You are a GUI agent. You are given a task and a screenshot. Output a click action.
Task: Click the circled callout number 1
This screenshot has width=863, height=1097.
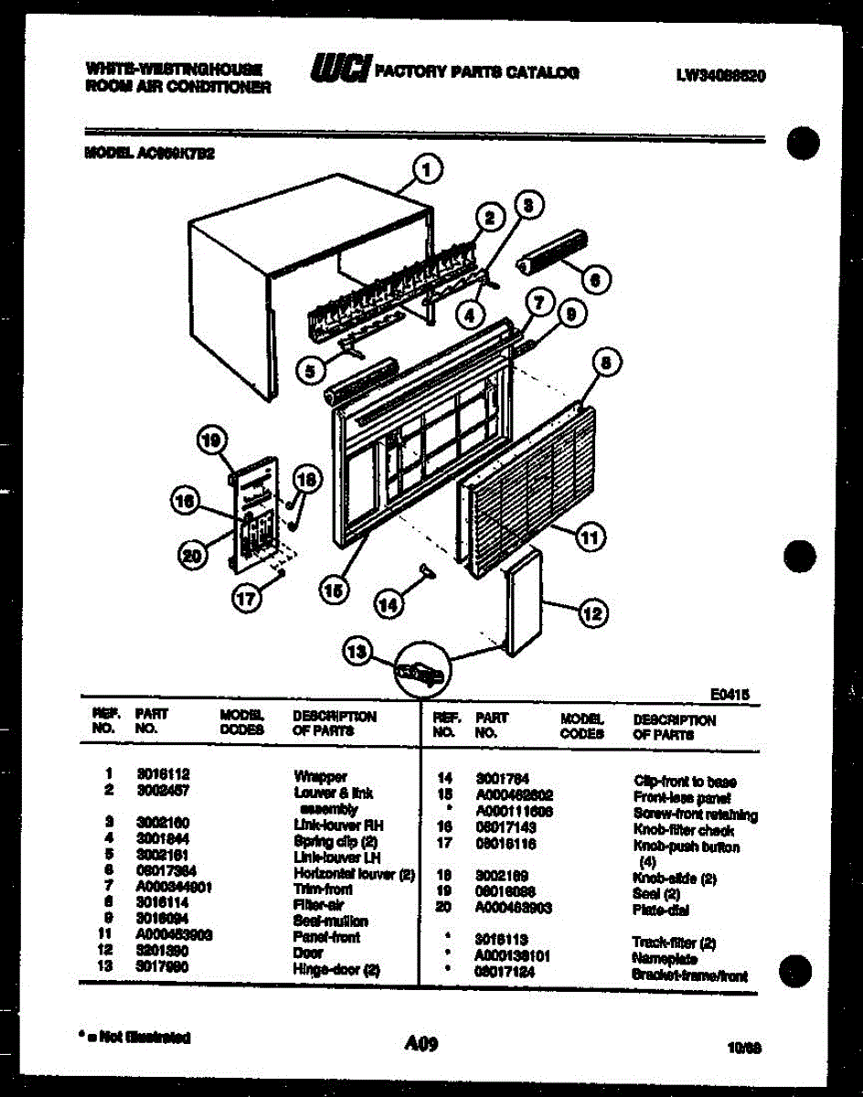[x=427, y=168]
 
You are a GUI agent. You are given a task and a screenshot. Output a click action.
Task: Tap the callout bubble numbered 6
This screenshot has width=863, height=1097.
[x=594, y=280]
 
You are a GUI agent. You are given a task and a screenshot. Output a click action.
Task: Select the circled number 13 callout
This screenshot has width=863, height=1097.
[x=357, y=651]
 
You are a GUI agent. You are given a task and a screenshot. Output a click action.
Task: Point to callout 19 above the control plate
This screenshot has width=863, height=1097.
[x=212, y=442]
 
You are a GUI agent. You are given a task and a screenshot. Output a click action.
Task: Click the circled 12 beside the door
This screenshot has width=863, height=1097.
[x=592, y=614]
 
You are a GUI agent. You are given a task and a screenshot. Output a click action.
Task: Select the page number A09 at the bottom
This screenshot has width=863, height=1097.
[x=421, y=1041]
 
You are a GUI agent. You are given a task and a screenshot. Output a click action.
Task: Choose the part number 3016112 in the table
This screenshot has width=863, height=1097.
[x=162, y=774]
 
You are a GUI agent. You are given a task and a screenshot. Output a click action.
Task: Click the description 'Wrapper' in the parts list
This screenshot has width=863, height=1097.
[x=321, y=776]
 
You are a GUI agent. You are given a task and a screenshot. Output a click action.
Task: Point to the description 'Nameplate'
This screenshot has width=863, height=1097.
[x=665, y=959]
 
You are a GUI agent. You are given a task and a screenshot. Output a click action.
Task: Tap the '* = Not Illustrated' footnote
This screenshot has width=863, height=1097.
[x=136, y=1037]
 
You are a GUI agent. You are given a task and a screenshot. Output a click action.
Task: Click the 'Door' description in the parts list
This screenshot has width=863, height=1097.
[x=305, y=953]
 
